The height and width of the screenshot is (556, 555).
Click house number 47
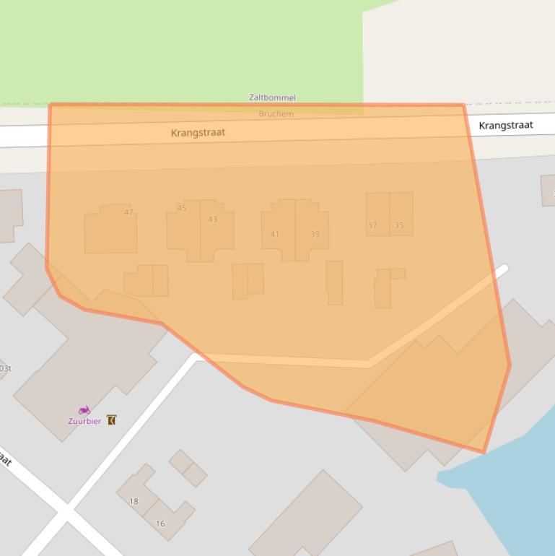[128, 212]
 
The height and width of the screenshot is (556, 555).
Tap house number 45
[182, 208]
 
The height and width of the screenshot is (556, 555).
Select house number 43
[212, 220]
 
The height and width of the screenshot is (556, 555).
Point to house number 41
[275, 234]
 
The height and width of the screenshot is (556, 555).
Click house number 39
[315, 234]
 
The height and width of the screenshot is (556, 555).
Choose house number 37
[372, 225]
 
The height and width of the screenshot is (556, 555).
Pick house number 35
[399, 225]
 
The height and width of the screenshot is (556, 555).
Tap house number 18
[134, 501]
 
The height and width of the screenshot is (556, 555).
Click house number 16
[160, 524]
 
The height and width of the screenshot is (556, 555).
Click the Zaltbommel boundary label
[272, 97]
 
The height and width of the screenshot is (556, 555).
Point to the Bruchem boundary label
[276, 114]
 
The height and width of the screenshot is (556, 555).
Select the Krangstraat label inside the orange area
[198, 133]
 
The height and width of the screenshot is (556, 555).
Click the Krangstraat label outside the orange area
[506, 126]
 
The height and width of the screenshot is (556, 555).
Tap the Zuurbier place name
[84, 421]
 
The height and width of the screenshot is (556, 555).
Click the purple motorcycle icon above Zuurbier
[84, 410]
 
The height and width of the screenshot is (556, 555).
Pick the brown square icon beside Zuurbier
[111, 420]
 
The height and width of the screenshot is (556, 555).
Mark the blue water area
[512, 491]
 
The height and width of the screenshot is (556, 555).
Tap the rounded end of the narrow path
[503, 269]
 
